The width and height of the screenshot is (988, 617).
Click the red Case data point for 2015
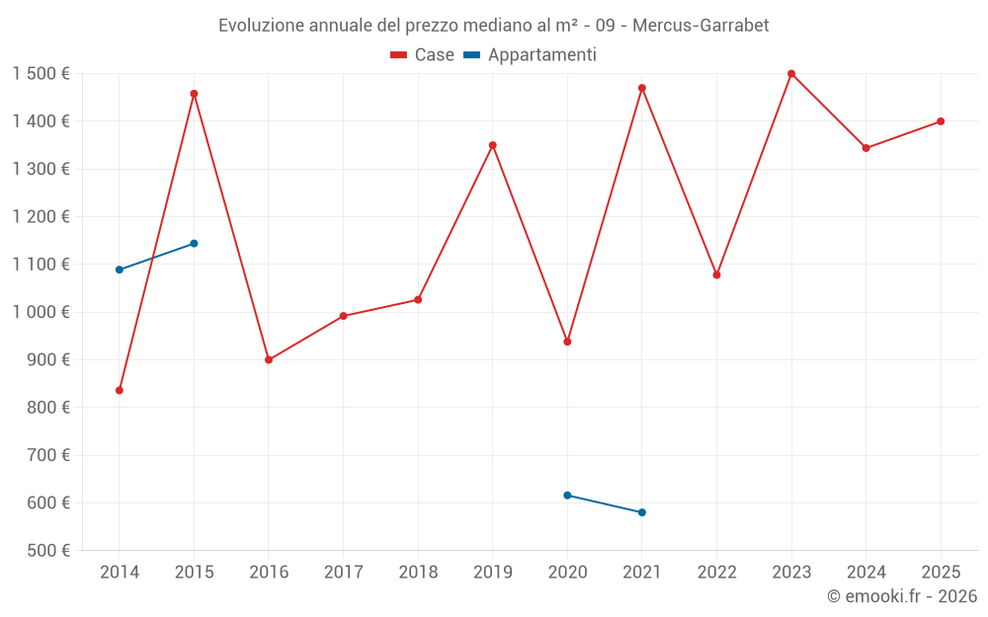click(x=194, y=94)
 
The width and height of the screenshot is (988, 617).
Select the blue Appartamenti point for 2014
click(x=120, y=270)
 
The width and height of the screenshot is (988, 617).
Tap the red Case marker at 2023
click(x=791, y=74)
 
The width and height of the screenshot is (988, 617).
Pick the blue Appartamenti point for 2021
click(x=642, y=512)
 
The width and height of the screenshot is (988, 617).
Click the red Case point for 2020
click(x=567, y=342)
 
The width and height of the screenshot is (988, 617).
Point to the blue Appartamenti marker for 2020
click(x=567, y=496)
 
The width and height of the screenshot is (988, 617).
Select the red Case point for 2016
click(x=269, y=360)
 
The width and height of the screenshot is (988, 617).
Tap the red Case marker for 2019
click(x=493, y=145)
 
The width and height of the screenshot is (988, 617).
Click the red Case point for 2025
click(x=941, y=121)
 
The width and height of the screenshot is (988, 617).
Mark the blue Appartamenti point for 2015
click(x=194, y=243)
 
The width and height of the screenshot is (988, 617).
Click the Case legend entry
click(x=423, y=55)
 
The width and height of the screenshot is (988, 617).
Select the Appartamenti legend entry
click(x=531, y=55)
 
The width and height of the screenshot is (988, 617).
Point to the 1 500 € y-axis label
click(x=41, y=74)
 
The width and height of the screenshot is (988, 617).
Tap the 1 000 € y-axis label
click(x=41, y=312)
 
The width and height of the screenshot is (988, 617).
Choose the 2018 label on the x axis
click(x=418, y=573)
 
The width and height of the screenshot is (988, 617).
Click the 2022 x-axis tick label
click(x=716, y=573)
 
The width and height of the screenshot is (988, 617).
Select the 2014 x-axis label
click(x=120, y=573)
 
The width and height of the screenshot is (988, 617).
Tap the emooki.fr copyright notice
click(x=901, y=596)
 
